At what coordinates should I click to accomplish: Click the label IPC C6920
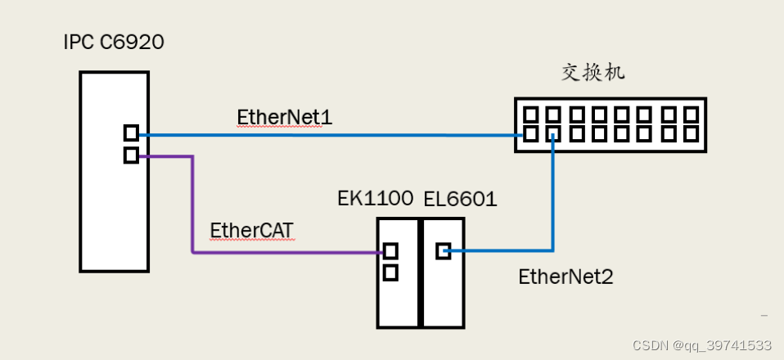coord(114,43)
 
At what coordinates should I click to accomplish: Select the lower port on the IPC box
coord(131,155)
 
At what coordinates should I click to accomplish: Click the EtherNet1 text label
coord(284,117)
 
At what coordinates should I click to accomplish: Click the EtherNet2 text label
coord(565,277)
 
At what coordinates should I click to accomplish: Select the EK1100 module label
coord(375,199)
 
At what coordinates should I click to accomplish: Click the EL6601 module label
coord(460,199)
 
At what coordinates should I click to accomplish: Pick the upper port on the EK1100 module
coord(390,251)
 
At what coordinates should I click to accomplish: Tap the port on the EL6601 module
coord(443,251)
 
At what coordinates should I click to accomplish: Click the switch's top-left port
coord(530,114)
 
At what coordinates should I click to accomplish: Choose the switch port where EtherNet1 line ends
coord(530,133)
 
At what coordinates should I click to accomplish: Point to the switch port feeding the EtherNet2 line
coord(553,133)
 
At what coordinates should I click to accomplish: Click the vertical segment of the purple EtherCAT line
coord(192,205)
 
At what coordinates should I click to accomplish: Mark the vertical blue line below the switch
coord(553,196)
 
